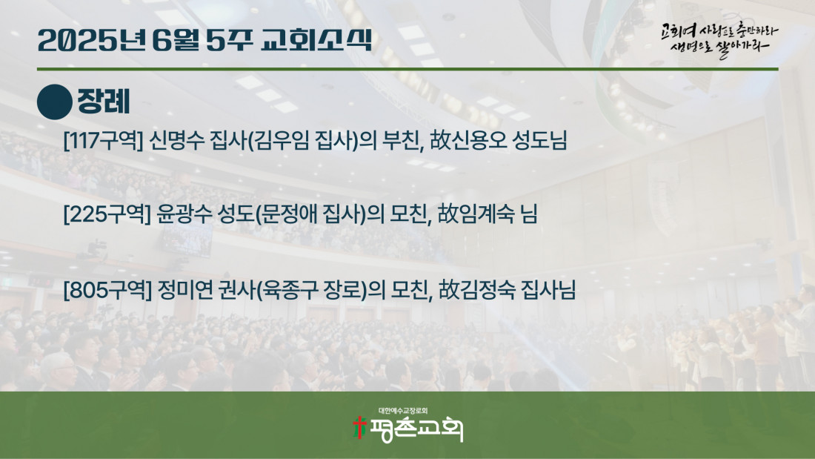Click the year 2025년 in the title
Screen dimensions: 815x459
[x=91, y=41]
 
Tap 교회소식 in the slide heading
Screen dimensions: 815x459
[x=316, y=39]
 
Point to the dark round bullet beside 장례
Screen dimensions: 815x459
[x=55, y=102]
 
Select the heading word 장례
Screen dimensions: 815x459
[x=104, y=102]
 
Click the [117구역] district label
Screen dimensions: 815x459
[x=103, y=140]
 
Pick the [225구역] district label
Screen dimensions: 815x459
[x=107, y=214]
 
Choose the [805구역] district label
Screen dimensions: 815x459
[x=107, y=290]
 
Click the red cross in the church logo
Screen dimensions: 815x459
[x=359, y=427]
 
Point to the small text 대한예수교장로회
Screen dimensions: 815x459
[x=403, y=411]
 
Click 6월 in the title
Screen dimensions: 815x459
[x=176, y=40]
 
